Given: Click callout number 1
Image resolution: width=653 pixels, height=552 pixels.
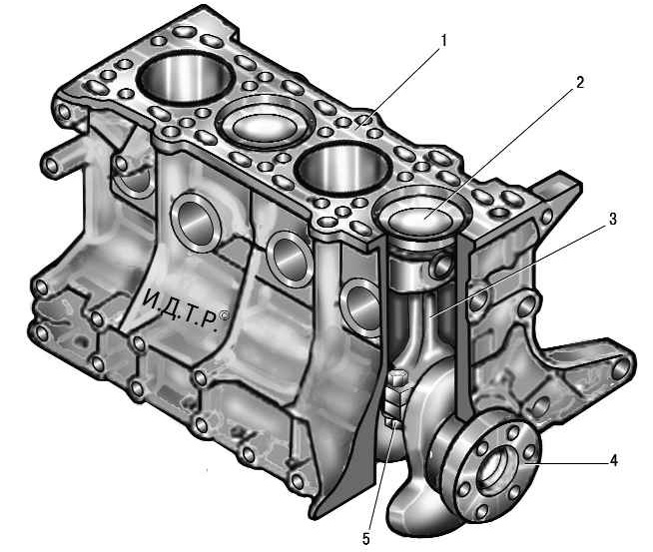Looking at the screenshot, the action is [444, 41].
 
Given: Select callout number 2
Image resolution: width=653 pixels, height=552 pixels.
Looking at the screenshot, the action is [580, 83].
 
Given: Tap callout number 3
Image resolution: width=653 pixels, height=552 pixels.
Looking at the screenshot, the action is [613, 219].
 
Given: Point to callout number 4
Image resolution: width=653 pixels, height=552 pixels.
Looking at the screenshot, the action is [613, 461].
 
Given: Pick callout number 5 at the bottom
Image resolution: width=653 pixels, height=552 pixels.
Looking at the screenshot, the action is [366, 539].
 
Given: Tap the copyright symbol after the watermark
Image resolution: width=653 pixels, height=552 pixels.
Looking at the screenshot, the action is [224, 316].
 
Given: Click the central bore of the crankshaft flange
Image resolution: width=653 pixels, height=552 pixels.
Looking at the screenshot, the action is [495, 468].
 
